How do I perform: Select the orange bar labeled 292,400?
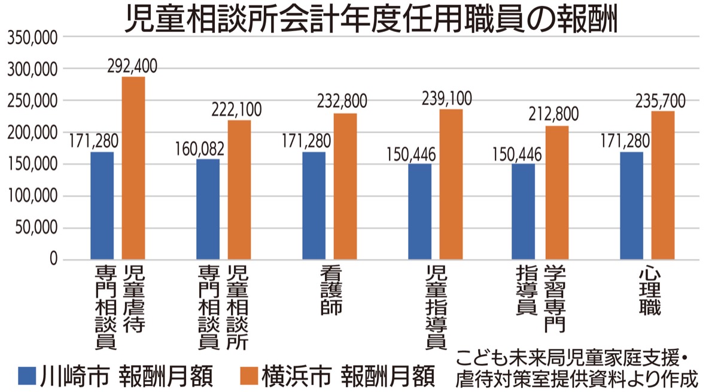133,168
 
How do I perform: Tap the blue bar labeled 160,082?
208,209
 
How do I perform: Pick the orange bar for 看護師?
345,186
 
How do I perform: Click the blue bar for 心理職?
631,206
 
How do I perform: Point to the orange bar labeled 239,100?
451,184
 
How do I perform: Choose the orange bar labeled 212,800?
557,192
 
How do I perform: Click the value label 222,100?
236,110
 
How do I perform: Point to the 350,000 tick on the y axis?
32,38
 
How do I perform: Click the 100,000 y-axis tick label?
32,196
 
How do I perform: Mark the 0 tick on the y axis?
53,260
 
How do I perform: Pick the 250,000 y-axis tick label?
32,101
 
